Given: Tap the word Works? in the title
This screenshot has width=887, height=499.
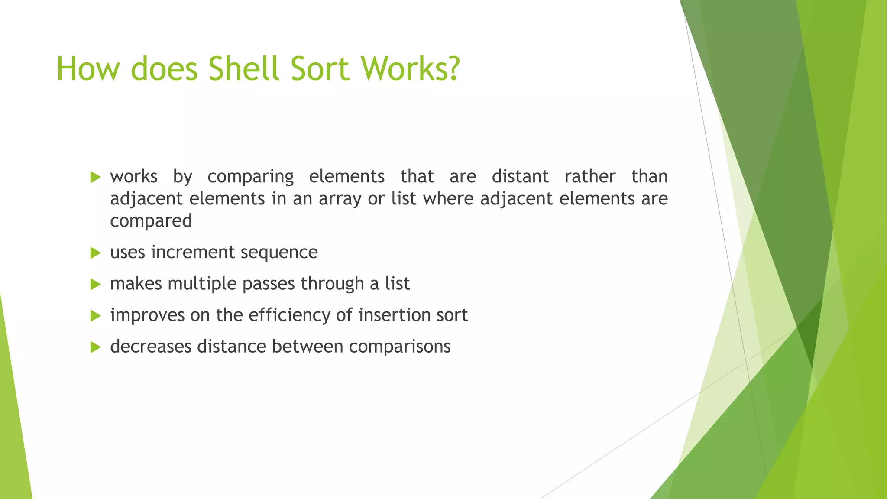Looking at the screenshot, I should click(410, 68).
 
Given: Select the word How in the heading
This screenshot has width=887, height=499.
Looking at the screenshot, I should click(87, 68).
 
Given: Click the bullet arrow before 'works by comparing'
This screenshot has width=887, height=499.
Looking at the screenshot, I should click(95, 177).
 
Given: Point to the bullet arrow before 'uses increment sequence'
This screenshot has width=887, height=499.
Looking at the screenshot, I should click(95, 253).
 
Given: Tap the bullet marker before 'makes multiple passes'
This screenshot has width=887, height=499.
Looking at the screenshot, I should click(95, 285).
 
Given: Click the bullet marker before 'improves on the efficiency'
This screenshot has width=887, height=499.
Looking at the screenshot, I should click(95, 316).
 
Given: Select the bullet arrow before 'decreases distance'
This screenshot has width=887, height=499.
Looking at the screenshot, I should click(95, 347).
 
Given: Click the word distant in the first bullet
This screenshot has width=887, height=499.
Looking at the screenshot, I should click(520, 177).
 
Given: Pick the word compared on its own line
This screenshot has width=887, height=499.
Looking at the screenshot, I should click(151, 221).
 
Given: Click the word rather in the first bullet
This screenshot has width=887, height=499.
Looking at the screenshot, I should click(590, 177).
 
